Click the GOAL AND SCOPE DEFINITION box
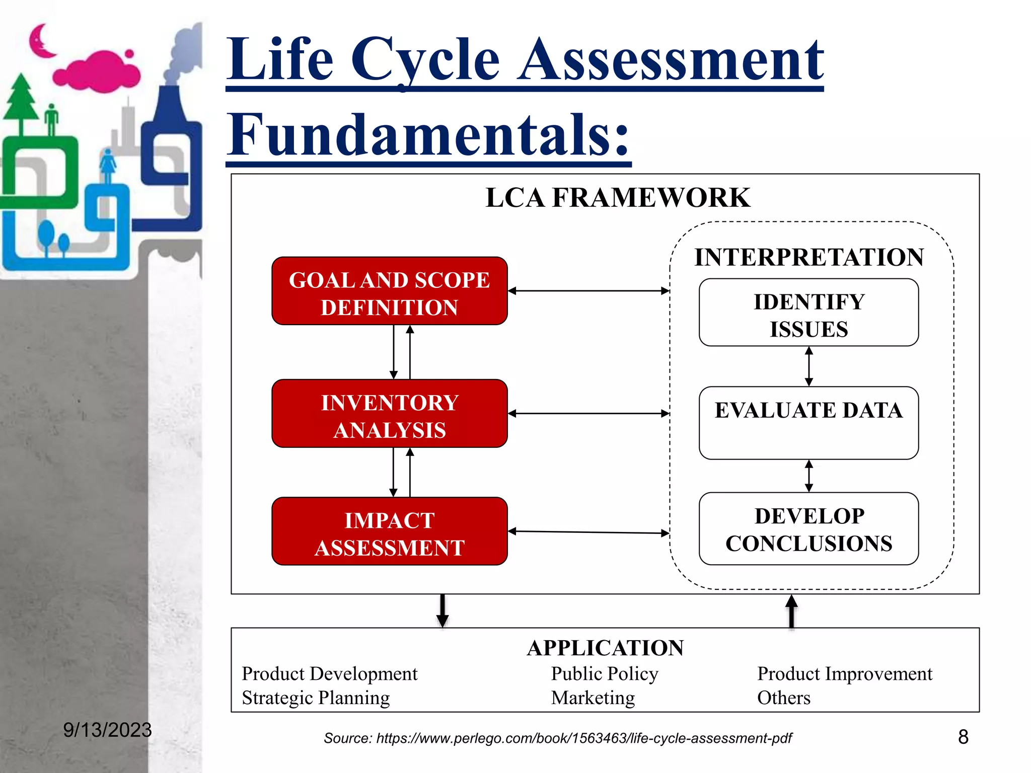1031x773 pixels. click(389, 291)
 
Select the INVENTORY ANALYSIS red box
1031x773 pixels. click(389, 413)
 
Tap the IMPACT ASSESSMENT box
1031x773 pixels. click(389, 531)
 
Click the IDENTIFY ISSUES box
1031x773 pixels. click(808, 313)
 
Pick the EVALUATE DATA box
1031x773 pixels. click(808, 422)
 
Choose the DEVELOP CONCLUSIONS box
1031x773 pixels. click(808, 528)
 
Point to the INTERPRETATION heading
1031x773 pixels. click(809, 257)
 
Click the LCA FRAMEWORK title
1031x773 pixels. click(618, 197)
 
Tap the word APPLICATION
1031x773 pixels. click(605, 648)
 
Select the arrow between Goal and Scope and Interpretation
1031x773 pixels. click(588, 291)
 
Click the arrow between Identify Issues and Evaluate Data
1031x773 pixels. click(809, 366)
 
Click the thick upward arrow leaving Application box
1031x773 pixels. click(791, 611)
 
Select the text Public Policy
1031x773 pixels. click(604, 673)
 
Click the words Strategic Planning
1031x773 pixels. click(316, 698)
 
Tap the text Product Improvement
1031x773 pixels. click(844, 673)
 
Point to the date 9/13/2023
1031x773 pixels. click(107, 730)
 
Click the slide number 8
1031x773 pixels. click(963, 737)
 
